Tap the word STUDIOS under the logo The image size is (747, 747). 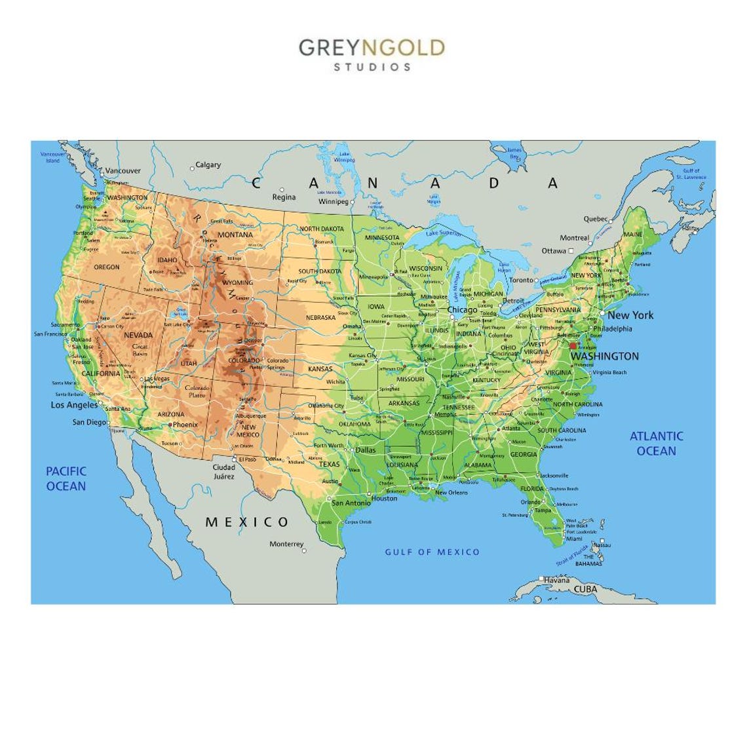click(x=372, y=67)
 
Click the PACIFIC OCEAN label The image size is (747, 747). click(x=66, y=478)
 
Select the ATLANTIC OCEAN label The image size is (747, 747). click(x=656, y=443)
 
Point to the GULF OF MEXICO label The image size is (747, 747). click(x=432, y=552)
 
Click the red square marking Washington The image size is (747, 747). click(x=573, y=346)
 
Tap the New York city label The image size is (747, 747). click(x=630, y=315)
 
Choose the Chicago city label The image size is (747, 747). click(x=462, y=310)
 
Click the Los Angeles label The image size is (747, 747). click(x=74, y=405)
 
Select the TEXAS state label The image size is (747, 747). click(x=329, y=464)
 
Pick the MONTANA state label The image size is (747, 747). click(x=235, y=235)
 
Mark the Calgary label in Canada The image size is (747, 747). click(x=208, y=165)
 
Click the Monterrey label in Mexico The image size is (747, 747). click(x=286, y=545)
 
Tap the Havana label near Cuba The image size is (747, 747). click(x=556, y=581)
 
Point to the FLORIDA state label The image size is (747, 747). click(x=531, y=489)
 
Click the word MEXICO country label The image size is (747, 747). click(x=247, y=522)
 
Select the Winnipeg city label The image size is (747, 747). click(x=333, y=202)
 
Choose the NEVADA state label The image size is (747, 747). click(x=138, y=335)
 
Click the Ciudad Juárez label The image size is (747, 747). click(x=223, y=472)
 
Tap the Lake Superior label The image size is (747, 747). click(x=443, y=233)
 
